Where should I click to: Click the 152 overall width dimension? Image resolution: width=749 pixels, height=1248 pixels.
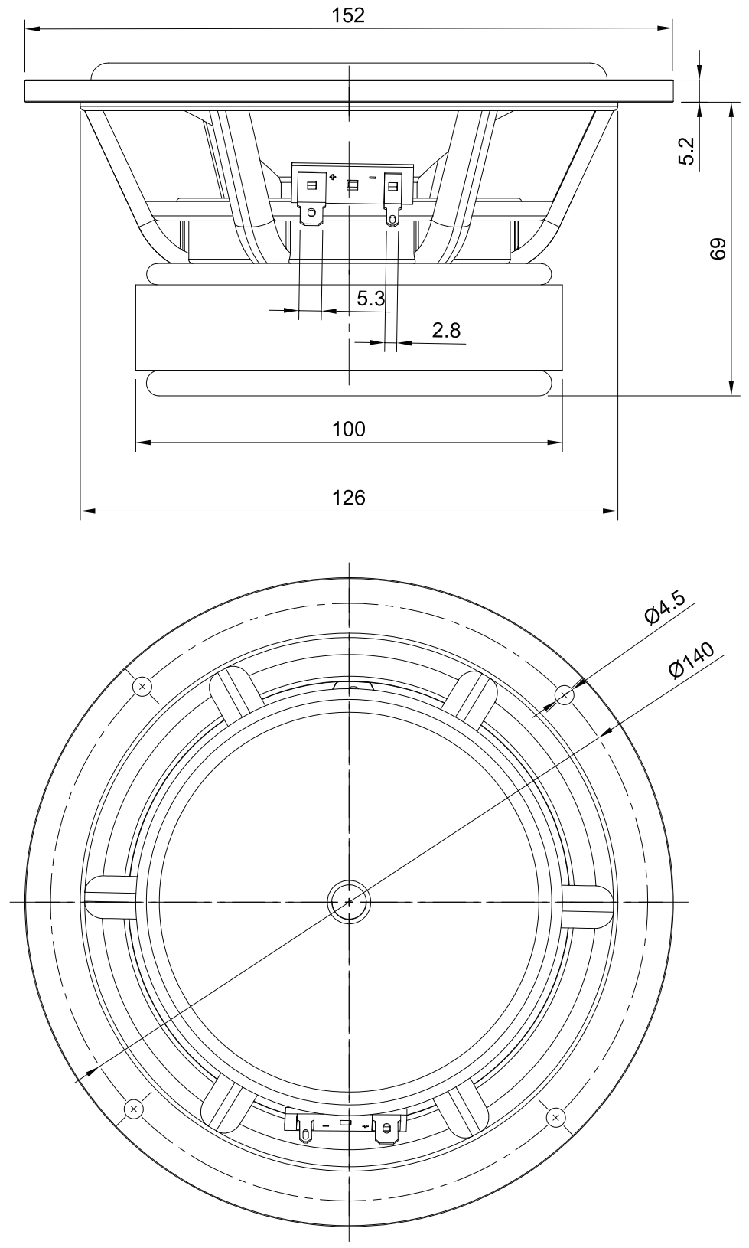point(349,15)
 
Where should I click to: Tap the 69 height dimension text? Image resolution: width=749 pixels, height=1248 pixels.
point(717,249)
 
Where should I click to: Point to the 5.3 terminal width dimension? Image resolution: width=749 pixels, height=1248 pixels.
point(370,299)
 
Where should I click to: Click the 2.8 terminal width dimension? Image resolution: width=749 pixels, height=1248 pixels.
point(446,331)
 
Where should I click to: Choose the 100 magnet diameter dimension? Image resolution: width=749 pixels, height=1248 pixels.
point(349,429)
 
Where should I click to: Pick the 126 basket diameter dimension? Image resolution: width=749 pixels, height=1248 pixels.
point(349,498)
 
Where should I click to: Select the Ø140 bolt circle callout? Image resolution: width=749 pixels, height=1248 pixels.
point(690,660)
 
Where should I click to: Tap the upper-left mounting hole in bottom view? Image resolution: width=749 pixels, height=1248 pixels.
point(142,687)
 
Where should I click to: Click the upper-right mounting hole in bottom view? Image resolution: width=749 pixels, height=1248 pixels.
point(565,695)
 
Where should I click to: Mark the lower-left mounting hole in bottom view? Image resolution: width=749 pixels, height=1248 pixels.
point(134,1108)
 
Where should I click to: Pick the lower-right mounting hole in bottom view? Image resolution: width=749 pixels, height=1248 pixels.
point(556,1117)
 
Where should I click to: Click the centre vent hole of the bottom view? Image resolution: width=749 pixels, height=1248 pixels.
point(349,902)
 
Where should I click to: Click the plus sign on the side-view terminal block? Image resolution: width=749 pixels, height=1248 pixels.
point(332,178)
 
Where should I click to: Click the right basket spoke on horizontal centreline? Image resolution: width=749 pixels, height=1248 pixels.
point(589,901)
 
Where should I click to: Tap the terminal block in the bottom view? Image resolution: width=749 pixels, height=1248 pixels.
point(345,1123)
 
